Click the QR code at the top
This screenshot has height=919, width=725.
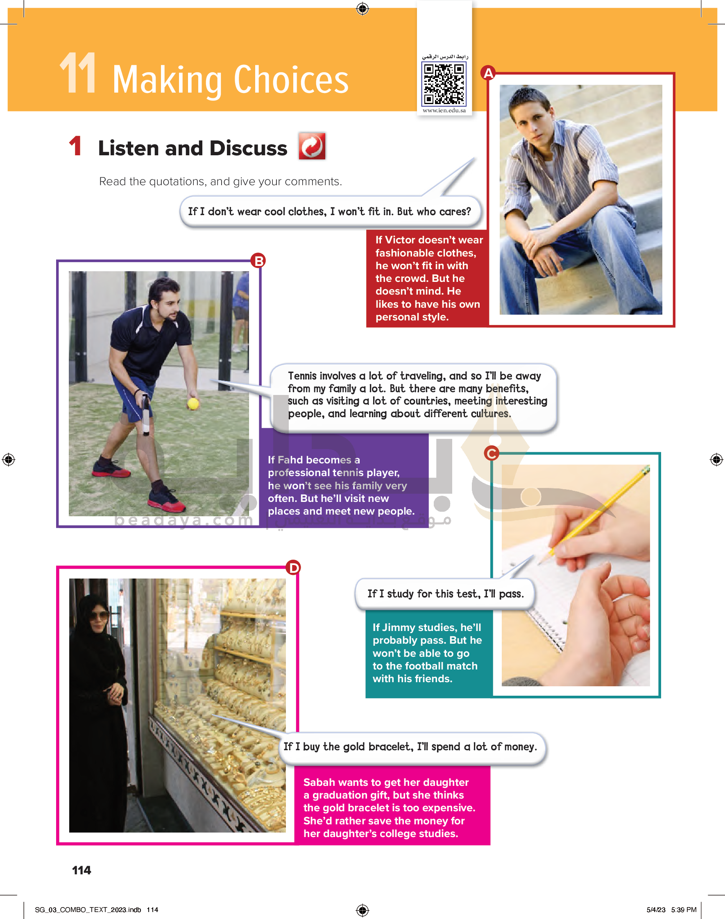pyautogui.click(x=444, y=84)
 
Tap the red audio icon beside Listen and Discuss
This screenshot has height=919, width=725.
pyautogui.click(x=312, y=146)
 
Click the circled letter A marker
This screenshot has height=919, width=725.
pyautogui.click(x=489, y=73)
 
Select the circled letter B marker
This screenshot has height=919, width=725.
pyautogui.click(x=258, y=260)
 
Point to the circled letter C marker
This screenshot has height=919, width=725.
pyautogui.click(x=492, y=453)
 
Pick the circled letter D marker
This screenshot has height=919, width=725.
pyautogui.click(x=293, y=567)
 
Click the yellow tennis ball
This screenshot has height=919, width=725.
pyautogui.click(x=193, y=403)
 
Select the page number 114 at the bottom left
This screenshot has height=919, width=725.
pyautogui.click(x=82, y=870)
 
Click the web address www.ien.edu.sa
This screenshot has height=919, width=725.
pyautogui.click(x=444, y=110)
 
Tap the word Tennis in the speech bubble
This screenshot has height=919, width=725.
pyautogui.click(x=302, y=376)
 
